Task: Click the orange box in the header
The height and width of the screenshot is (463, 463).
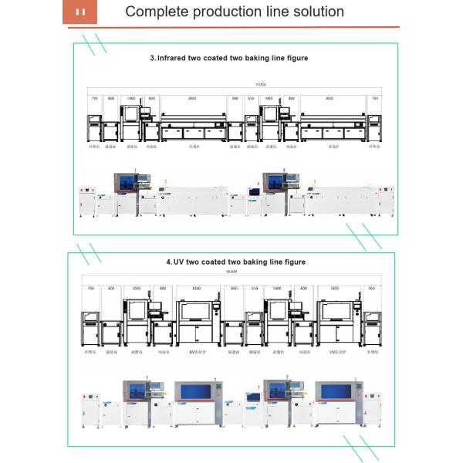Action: coord(81,12)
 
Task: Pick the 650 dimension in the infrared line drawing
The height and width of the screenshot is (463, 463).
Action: coord(252,99)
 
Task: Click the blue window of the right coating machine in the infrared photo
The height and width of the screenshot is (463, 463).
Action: coord(275,182)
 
